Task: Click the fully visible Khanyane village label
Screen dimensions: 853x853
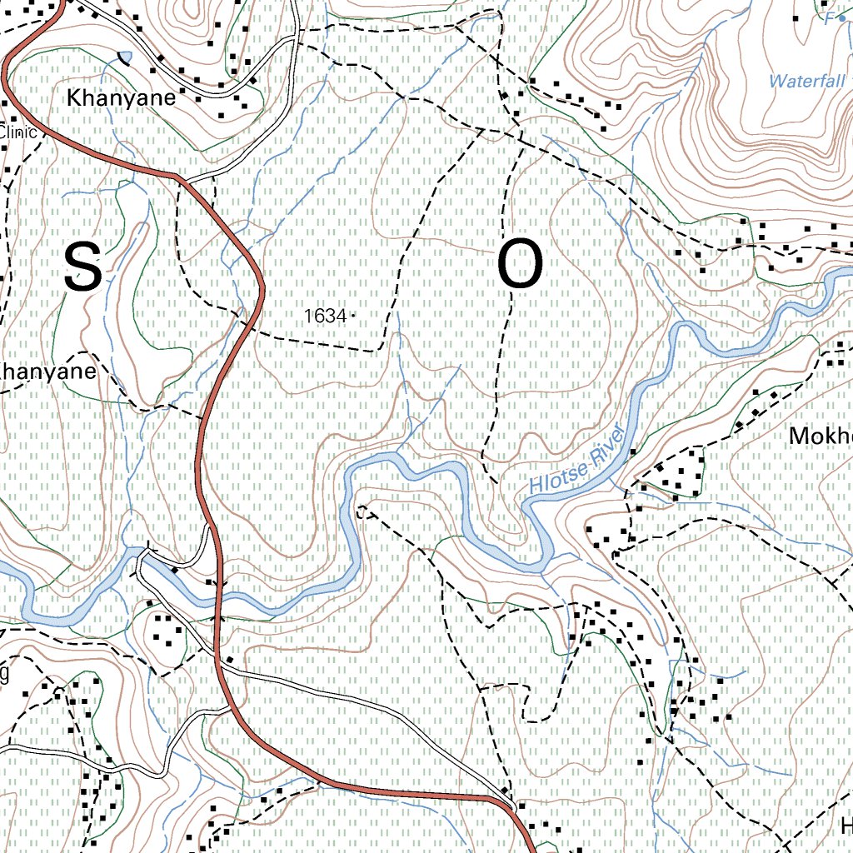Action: coord(122,97)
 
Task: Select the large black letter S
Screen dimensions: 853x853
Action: coord(83,267)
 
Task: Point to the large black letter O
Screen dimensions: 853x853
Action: coord(521,267)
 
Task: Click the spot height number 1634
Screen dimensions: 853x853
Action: coord(325,317)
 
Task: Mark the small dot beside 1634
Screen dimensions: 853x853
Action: coord(353,316)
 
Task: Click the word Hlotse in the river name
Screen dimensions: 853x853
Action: coord(559,476)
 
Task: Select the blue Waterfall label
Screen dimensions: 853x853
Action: coord(807,82)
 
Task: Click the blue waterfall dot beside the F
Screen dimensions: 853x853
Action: coord(841,17)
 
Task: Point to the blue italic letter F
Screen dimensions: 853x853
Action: coord(829,17)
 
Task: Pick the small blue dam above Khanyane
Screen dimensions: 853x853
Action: coord(125,57)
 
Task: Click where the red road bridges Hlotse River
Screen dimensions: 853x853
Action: coord(217,593)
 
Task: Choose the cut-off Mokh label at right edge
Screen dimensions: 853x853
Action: coord(821,436)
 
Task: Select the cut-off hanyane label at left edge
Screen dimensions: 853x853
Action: coord(47,372)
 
